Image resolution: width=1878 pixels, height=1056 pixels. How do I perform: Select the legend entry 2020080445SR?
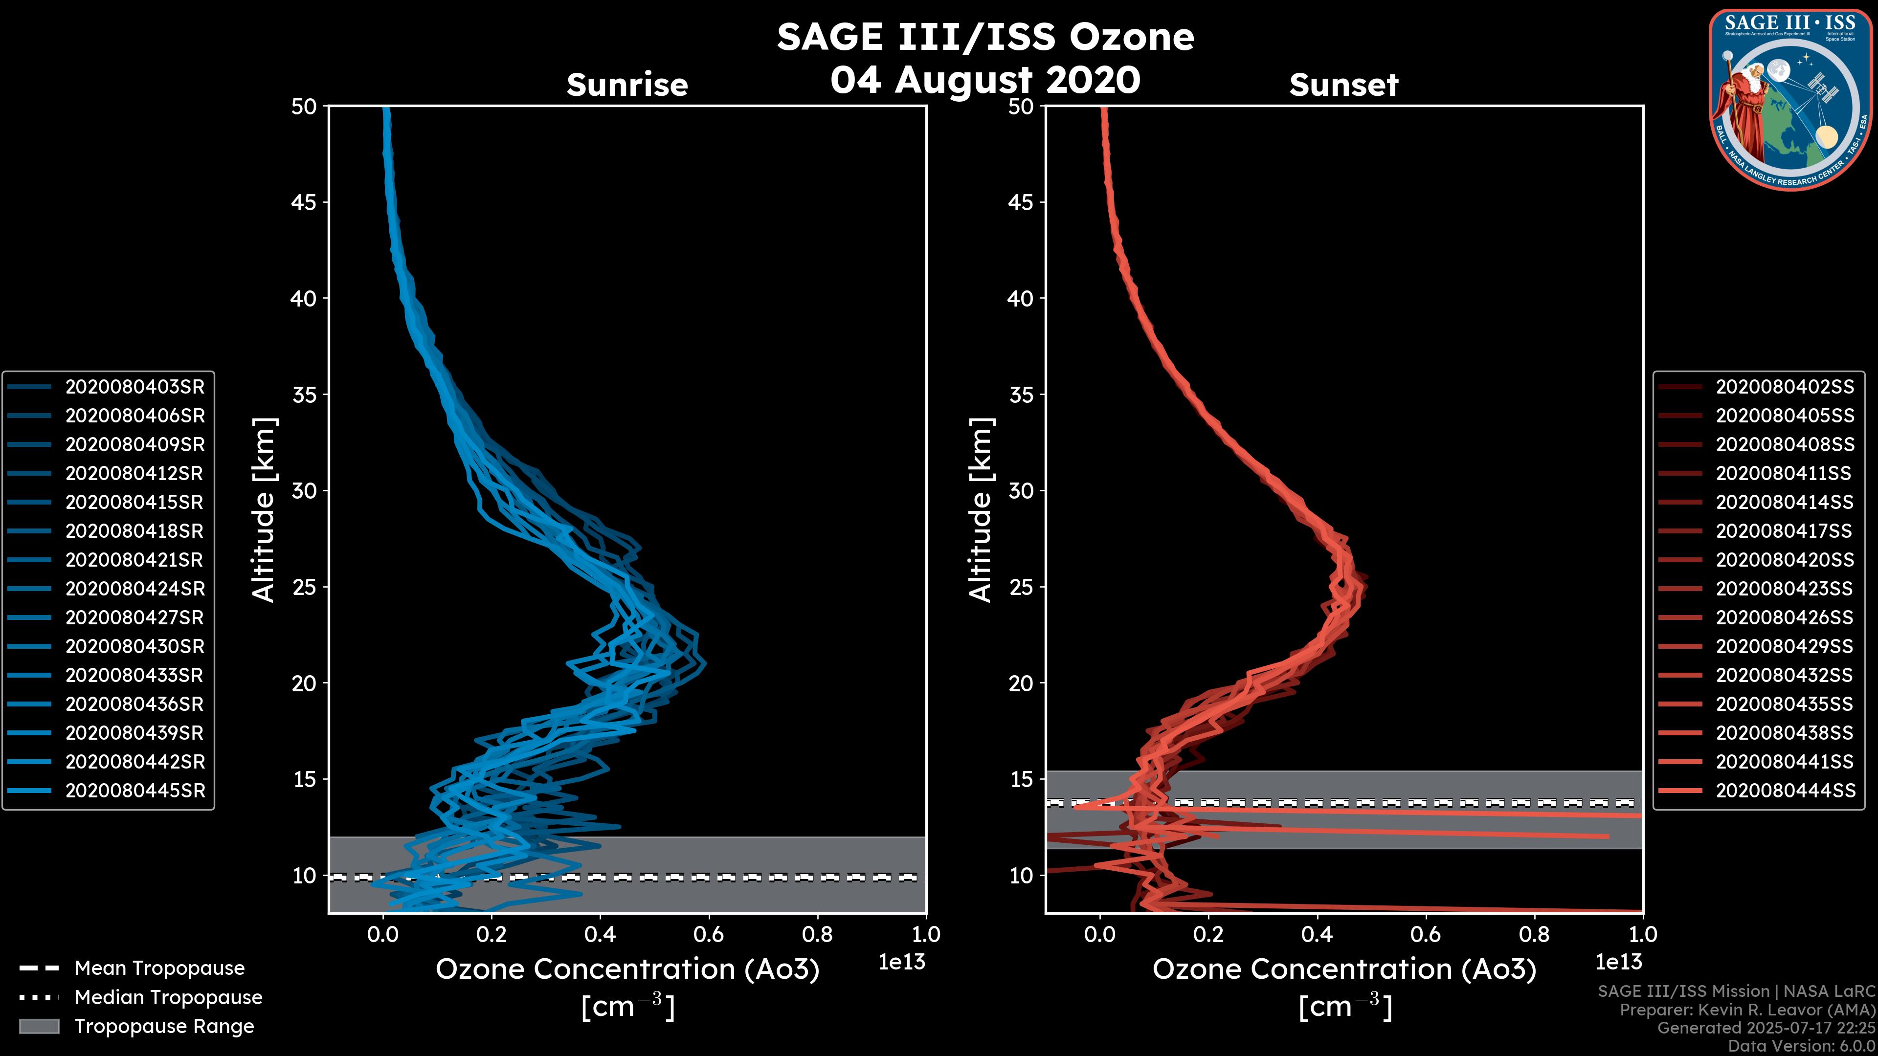[135, 791]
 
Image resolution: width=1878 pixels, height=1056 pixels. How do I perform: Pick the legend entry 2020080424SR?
[135, 589]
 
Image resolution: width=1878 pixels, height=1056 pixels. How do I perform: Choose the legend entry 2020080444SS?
[1784, 791]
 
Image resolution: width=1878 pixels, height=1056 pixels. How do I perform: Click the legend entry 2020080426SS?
[1784, 618]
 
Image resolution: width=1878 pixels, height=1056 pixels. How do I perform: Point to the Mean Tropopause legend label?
[159, 968]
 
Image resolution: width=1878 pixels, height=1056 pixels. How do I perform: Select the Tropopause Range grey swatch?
[39, 1027]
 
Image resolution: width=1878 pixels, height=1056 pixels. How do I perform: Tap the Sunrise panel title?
[627, 85]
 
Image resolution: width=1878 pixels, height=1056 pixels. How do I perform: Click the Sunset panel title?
[1343, 85]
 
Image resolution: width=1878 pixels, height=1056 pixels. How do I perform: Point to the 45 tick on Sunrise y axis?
[304, 202]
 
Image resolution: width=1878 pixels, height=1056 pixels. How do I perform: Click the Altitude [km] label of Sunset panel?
[981, 510]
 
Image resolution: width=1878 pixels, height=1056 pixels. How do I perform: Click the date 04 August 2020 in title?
[985, 80]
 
